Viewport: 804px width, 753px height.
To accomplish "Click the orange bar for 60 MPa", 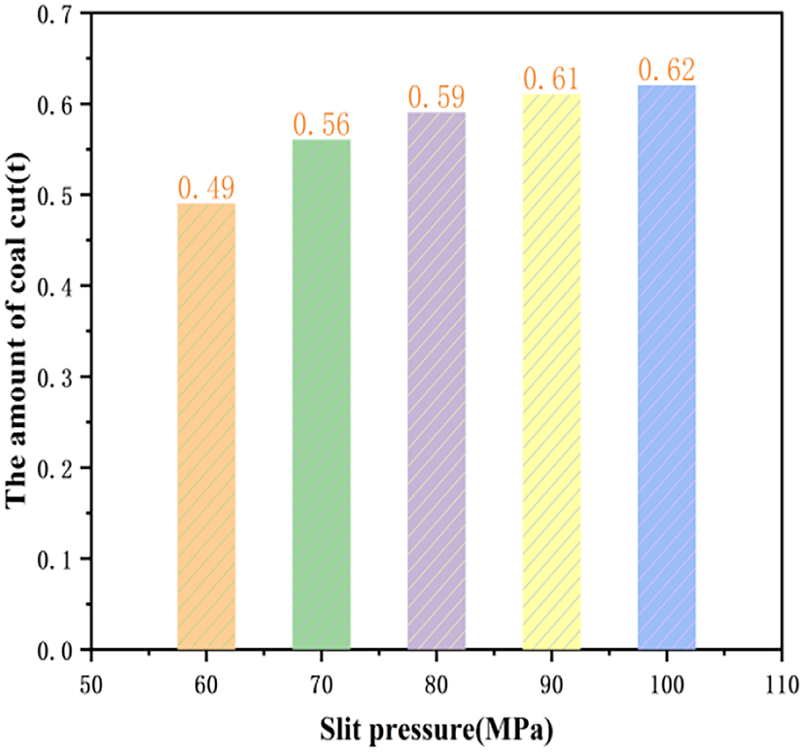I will point(206,426).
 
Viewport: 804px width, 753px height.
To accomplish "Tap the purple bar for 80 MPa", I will point(437,380).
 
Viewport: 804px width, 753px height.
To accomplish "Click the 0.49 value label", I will point(206,188).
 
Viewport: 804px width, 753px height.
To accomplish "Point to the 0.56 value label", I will point(322,125).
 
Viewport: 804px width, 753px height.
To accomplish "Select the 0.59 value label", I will point(437,97).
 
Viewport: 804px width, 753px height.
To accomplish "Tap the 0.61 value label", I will point(551,79).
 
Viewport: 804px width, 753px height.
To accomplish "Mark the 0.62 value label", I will point(667,70).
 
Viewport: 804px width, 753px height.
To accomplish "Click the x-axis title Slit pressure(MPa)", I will point(437,727).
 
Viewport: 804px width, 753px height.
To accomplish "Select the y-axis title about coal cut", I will point(18,331).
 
